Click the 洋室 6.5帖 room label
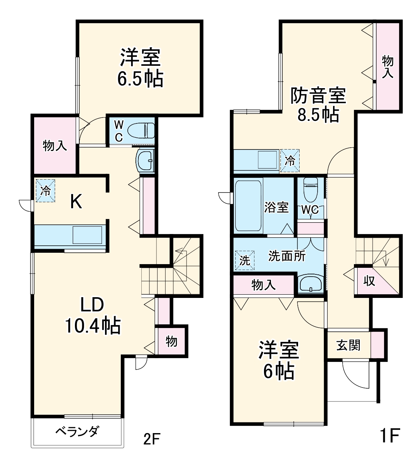tap(140, 68)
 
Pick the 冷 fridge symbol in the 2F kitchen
tap(45, 190)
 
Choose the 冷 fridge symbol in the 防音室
tap(290, 161)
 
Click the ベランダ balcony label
tap(77, 431)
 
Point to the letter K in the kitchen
tap(76, 202)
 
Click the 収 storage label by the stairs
tap(369, 281)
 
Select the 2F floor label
tap(152, 439)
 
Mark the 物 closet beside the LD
tap(171, 341)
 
